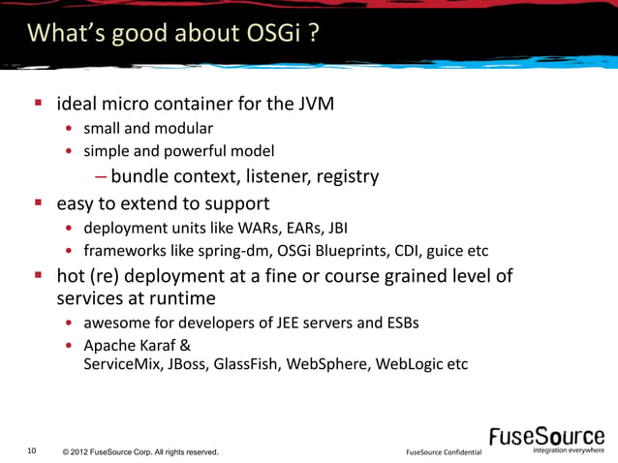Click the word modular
coord(183,128)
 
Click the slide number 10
coord(33,450)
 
